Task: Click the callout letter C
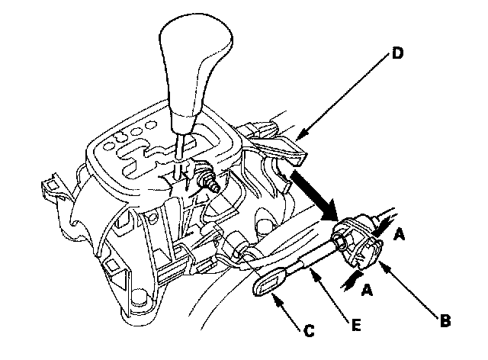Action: [x=308, y=332]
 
